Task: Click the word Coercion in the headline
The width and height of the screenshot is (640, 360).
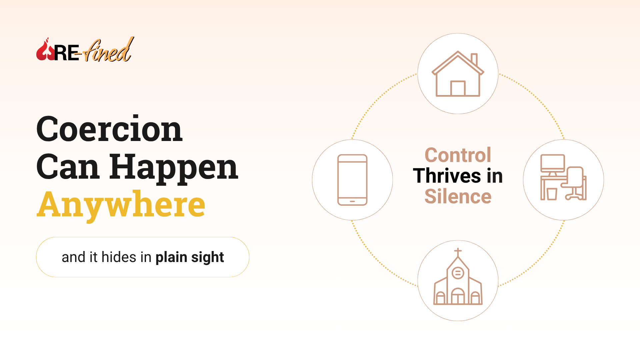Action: pos(109,129)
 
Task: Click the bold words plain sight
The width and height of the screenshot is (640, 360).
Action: pos(190,257)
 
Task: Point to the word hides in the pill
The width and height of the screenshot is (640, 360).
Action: pos(119,257)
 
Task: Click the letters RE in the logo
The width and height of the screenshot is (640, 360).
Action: pos(67,53)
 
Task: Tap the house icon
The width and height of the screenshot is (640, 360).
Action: pos(458,74)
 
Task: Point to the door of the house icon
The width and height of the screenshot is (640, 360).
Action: pos(458,88)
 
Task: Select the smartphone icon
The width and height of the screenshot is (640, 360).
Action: pos(352,180)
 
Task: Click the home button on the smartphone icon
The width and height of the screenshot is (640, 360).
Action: pos(352,201)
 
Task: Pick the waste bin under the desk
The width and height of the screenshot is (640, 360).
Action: pos(552,194)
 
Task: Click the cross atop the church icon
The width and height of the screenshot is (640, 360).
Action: pos(458,252)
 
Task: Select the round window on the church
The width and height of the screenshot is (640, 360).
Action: pos(458,273)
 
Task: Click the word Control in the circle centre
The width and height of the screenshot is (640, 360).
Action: pos(458,155)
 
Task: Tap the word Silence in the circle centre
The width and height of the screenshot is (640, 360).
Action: pos(458,196)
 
